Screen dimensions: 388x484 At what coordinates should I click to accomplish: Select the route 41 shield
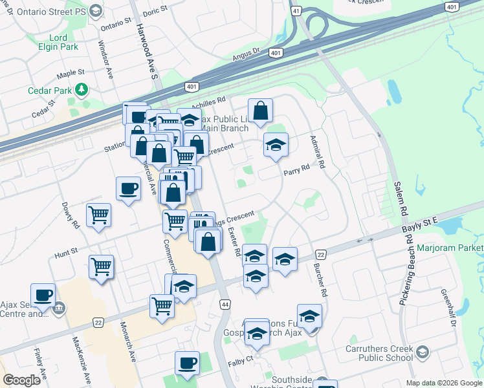(296, 11)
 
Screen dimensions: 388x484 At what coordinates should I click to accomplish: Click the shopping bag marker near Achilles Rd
(260, 111)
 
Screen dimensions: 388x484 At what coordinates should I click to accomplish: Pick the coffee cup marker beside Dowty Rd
(127, 189)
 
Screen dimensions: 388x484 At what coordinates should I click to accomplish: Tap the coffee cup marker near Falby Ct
(188, 363)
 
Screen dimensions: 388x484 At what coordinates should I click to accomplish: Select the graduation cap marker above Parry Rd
(276, 145)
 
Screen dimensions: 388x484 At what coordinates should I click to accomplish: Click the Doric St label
(155, 10)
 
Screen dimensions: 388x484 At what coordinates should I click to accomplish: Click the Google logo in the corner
(21, 380)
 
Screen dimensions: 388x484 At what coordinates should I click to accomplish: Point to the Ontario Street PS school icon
(96, 10)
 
